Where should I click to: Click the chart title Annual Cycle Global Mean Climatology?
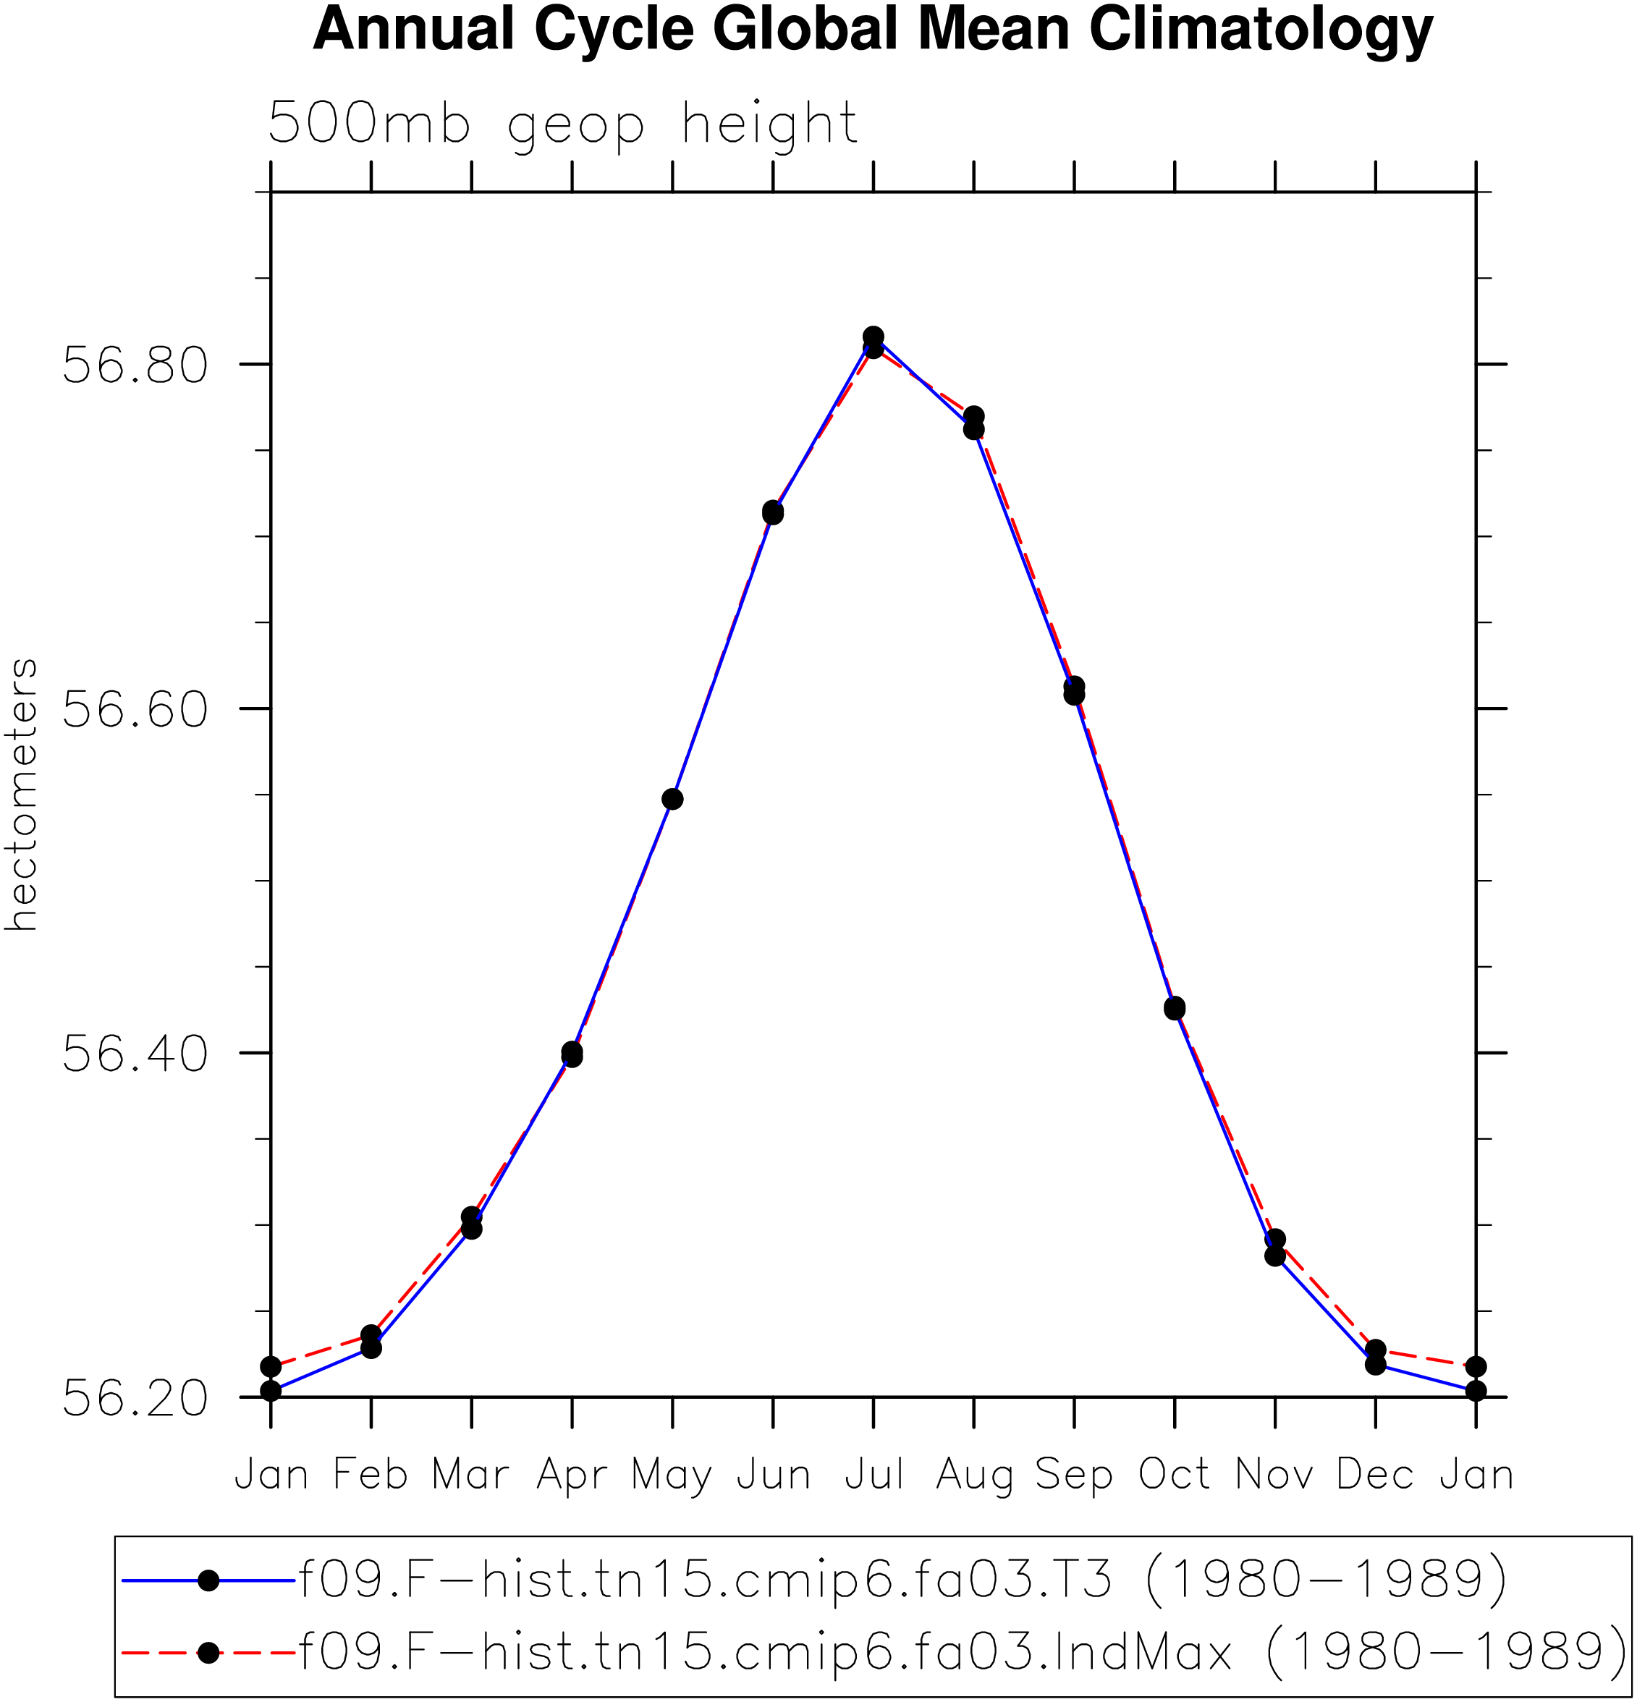[873, 30]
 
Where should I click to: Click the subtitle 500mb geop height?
[563, 125]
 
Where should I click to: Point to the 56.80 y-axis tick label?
[135, 365]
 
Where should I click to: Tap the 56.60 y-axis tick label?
[135, 709]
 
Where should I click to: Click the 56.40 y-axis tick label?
[135, 1054]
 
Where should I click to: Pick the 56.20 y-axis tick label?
[135, 1398]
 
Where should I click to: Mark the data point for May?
[672, 799]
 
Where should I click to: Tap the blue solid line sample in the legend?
[208, 1580]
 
